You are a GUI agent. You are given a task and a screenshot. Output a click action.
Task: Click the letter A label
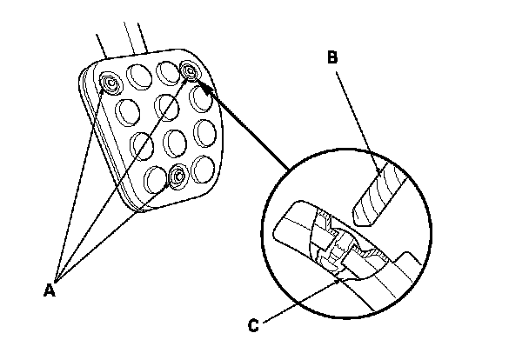(50, 288)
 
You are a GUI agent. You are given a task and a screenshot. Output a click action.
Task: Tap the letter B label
(332, 59)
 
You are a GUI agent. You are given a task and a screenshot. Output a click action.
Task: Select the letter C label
(253, 327)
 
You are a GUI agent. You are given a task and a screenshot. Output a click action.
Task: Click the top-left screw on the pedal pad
(110, 83)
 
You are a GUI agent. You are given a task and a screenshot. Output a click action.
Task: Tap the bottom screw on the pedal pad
(177, 177)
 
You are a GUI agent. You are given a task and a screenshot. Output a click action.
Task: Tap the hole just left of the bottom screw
(154, 180)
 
